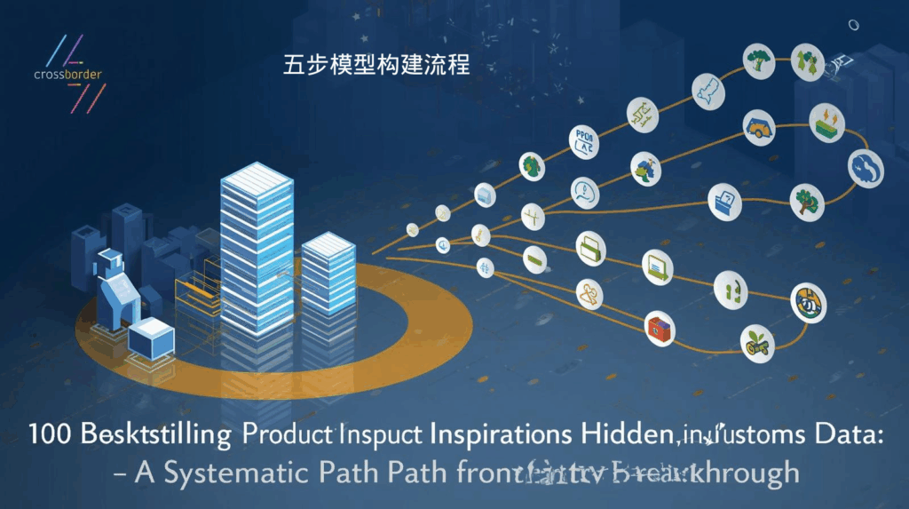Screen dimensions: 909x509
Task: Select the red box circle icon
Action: (658, 327)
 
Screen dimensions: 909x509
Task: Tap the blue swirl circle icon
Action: (865, 167)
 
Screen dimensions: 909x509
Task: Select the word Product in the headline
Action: (291, 436)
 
